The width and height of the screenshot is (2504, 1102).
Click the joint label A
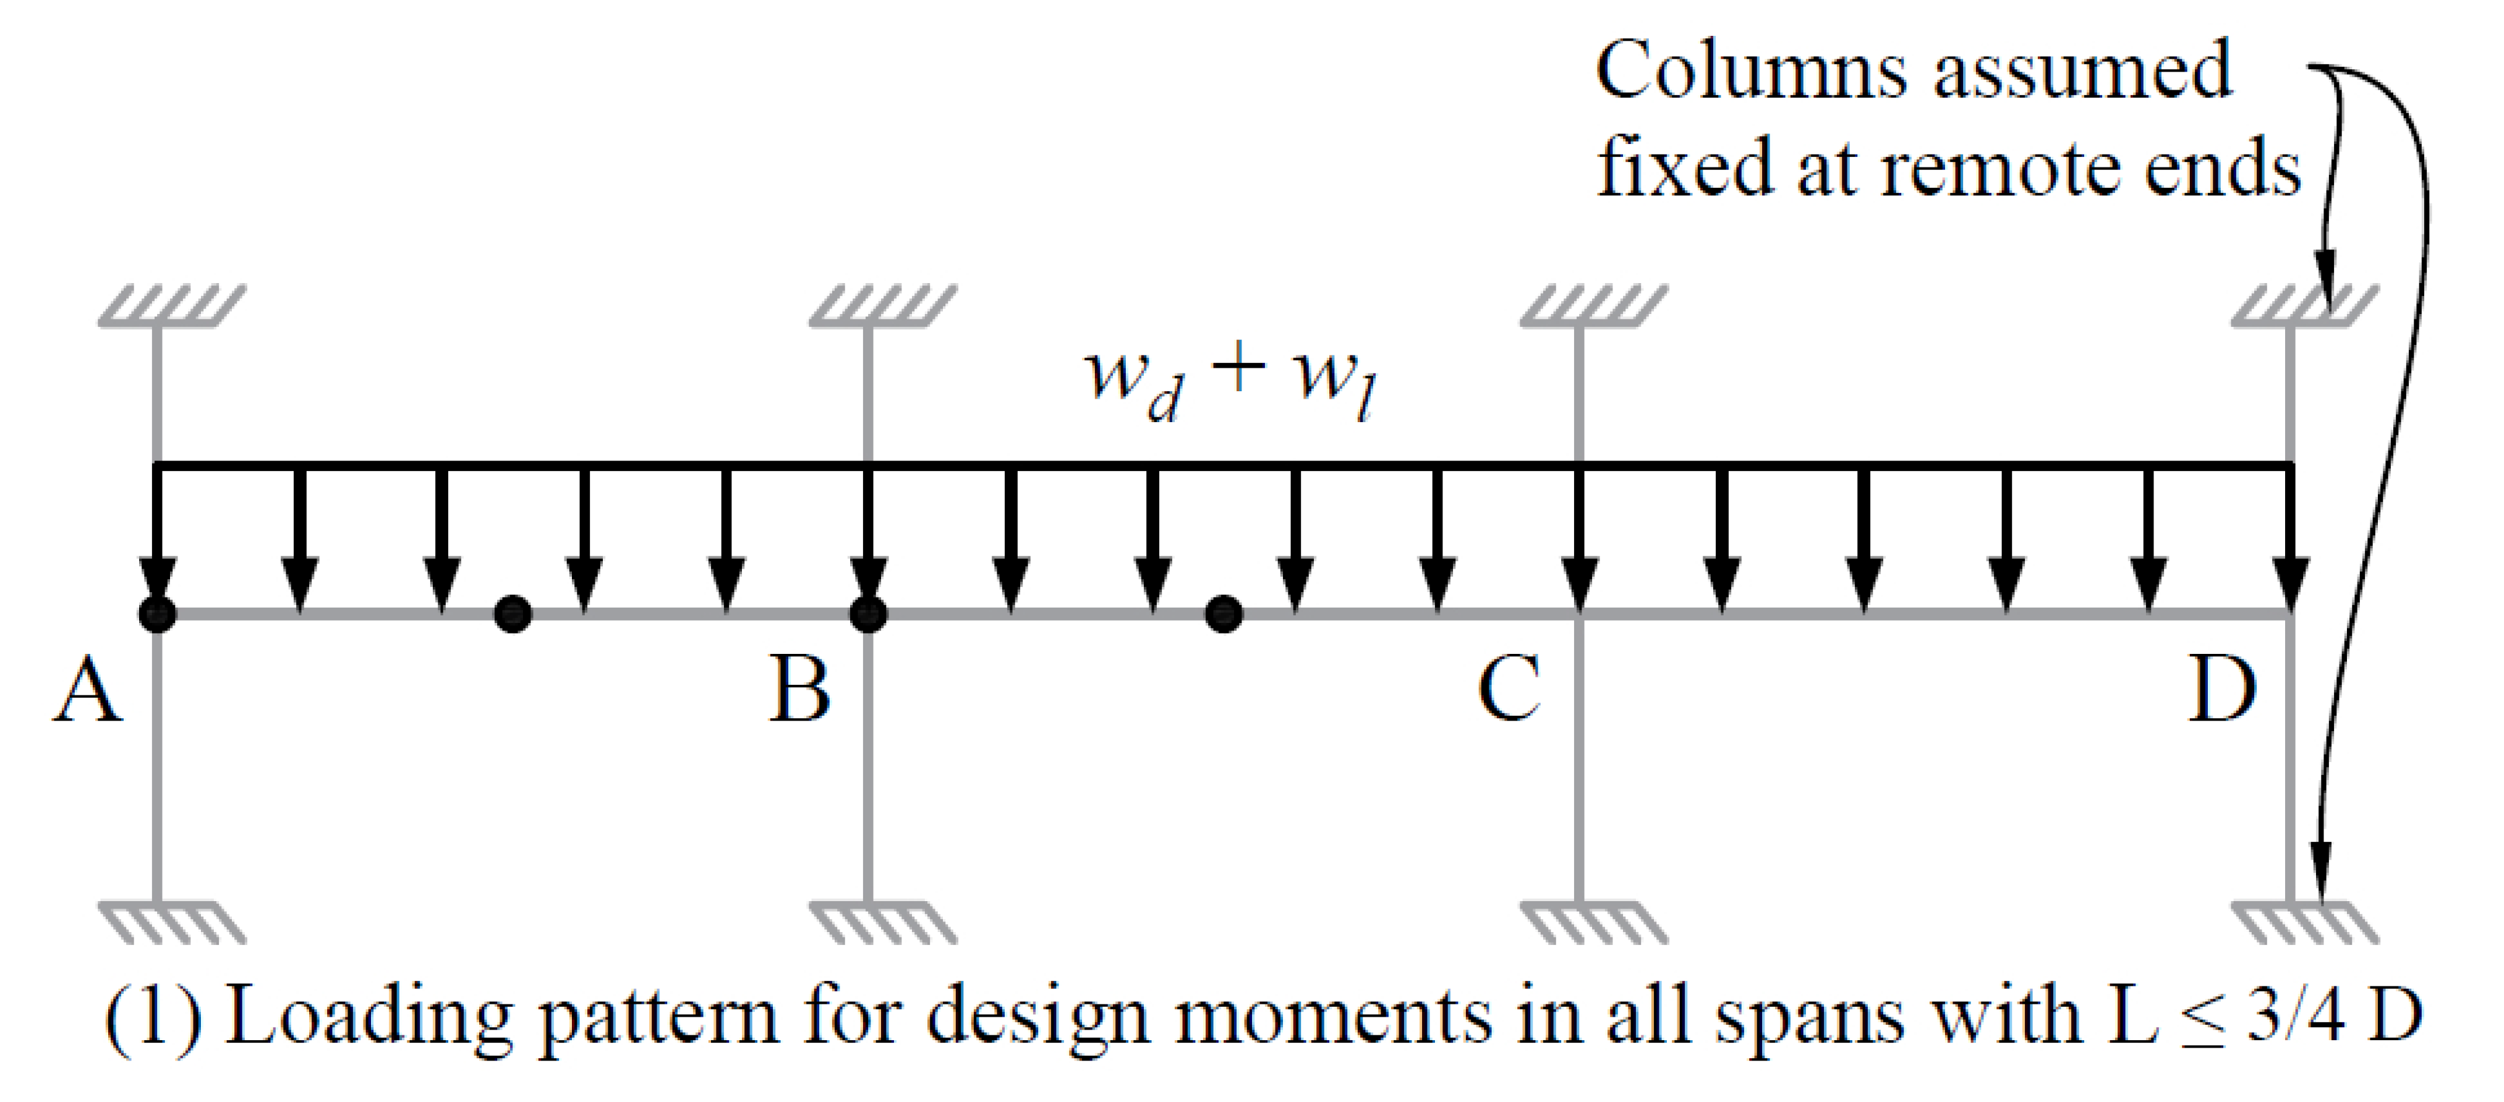[87, 690]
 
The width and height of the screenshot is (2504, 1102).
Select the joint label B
[799, 690]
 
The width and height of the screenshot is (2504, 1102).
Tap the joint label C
[1509, 690]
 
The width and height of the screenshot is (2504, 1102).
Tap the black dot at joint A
[158, 614]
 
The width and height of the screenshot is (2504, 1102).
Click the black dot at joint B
[868, 614]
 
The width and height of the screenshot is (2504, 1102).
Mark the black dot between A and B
[513, 614]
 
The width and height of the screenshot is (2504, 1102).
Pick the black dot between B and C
[1224, 614]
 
